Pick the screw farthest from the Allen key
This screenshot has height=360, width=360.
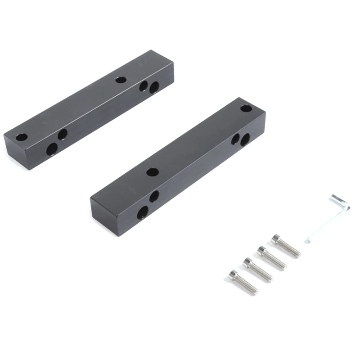(243, 282)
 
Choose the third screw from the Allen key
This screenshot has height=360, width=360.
(257, 270)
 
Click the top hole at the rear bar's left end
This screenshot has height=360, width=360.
(21, 136)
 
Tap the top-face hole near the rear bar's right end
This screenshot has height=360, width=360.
(120, 80)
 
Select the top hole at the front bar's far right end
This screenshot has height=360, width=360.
(245, 108)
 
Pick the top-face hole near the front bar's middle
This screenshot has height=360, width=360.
(152, 171)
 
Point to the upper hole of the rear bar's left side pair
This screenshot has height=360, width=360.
(63, 133)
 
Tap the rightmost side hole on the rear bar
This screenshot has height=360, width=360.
(154, 87)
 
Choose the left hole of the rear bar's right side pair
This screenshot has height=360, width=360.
(144, 85)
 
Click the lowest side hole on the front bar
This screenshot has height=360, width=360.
(143, 212)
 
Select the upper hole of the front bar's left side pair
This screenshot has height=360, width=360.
(154, 196)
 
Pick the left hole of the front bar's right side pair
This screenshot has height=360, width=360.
(235, 139)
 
